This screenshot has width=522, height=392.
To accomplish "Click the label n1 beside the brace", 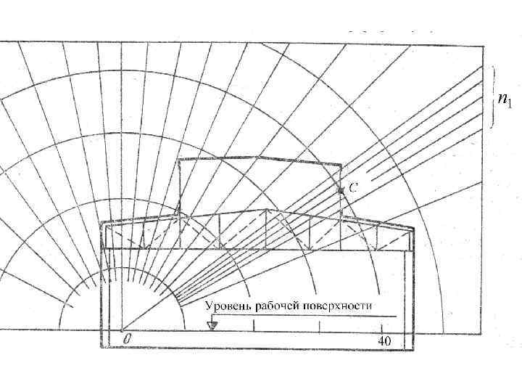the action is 505,99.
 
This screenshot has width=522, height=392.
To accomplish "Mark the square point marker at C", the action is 340,189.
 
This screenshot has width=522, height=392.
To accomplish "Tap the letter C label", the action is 352,187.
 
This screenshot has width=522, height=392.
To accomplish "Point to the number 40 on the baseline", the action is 384,340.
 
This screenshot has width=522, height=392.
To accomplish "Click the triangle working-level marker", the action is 212,325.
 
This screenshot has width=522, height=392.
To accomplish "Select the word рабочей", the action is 276,306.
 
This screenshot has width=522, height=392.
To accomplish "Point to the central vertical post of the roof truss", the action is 268,230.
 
